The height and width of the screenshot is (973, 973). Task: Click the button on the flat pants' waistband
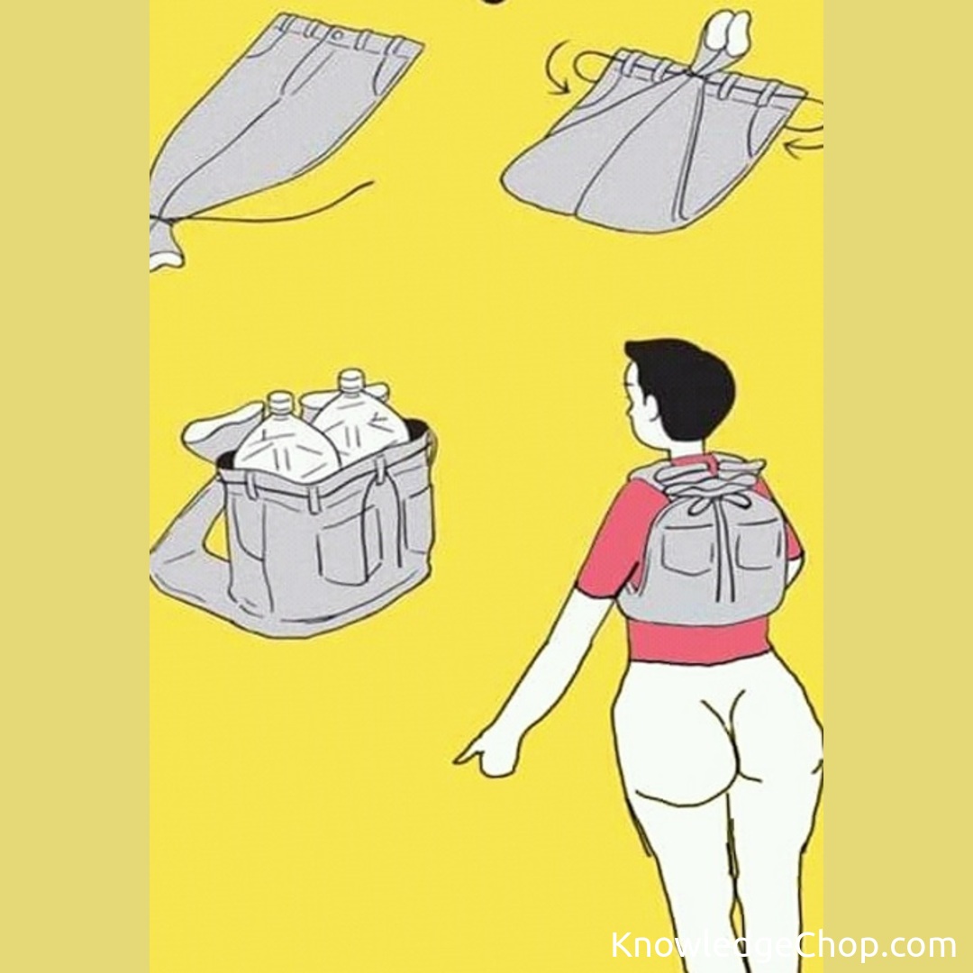tap(335, 35)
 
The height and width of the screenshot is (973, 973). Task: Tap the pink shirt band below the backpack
tap(697, 641)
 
